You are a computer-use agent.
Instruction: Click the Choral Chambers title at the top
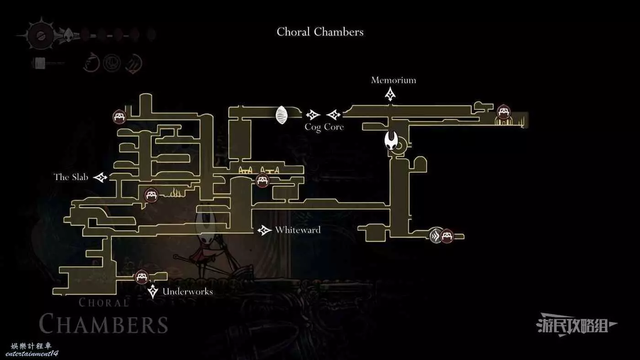tap(320, 32)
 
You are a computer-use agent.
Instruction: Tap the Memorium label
tap(394, 80)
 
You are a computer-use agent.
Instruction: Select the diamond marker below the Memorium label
tap(390, 94)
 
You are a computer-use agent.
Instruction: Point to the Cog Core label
tap(324, 127)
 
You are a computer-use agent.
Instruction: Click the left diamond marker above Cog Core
tap(313, 115)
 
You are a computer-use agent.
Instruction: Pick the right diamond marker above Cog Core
tap(334, 115)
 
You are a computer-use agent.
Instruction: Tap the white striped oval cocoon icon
tap(282, 115)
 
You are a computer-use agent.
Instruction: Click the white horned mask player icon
tap(391, 140)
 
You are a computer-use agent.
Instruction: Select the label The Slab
tap(71, 177)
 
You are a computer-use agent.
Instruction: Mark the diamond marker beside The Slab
tap(101, 177)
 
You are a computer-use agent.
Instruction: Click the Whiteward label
tap(298, 230)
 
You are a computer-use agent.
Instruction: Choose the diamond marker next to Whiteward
tap(264, 230)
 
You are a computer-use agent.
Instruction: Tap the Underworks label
tap(187, 291)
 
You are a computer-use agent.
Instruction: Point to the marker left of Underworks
tap(153, 291)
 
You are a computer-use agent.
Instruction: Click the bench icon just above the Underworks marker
tap(142, 276)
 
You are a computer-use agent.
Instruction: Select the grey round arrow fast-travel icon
tap(436, 236)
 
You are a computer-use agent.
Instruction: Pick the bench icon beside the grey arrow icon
tap(447, 236)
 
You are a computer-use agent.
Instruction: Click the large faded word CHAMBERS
tap(103, 324)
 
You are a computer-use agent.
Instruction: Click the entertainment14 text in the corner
tap(32, 353)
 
